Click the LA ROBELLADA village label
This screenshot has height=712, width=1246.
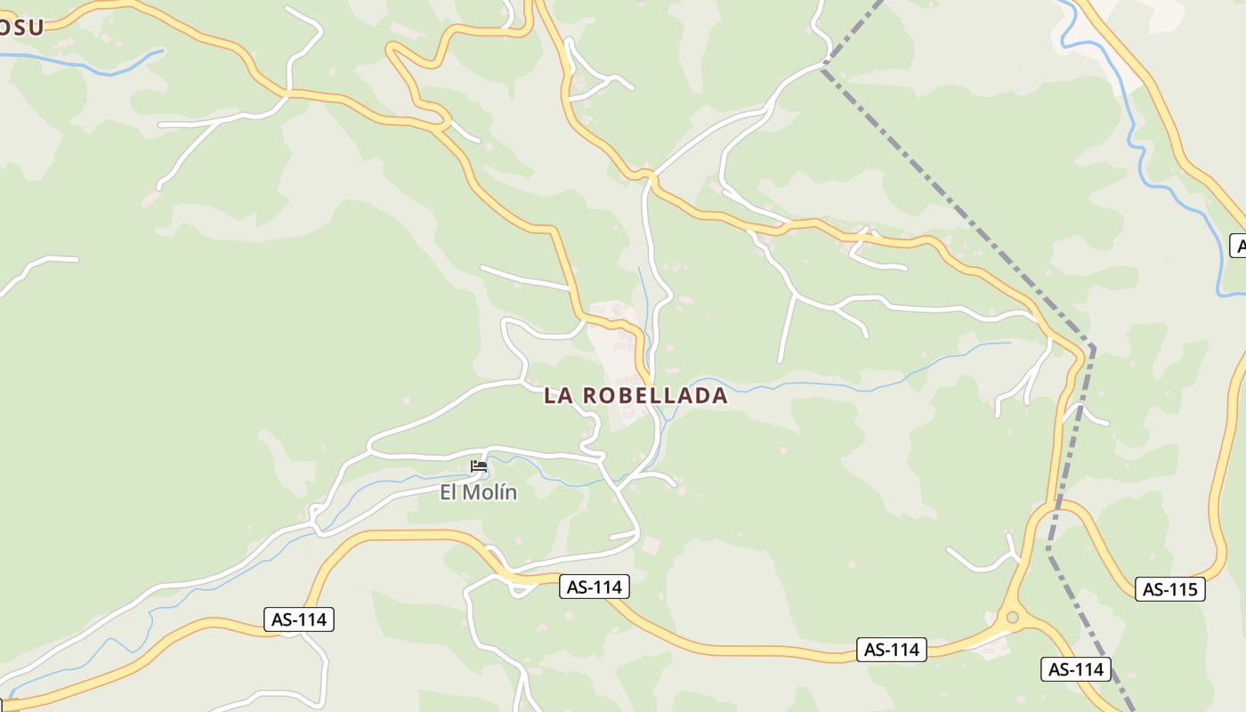click(x=635, y=396)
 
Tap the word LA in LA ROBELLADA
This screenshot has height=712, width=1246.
click(x=558, y=396)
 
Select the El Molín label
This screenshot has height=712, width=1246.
click(x=478, y=492)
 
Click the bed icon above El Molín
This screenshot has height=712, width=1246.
click(x=479, y=466)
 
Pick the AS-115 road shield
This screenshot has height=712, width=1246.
click(x=1169, y=589)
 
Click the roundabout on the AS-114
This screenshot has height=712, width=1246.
click(x=1011, y=617)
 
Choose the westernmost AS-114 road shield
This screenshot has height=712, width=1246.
click(x=299, y=619)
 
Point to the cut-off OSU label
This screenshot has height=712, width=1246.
click(x=21, y=27)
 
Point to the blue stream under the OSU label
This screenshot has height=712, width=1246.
click(x=89, y=65)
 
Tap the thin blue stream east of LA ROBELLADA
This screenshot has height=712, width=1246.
click(x=845, y=384)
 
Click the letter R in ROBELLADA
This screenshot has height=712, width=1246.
click(x=590, y=396)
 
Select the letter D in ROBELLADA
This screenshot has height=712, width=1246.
click(x=695, y=396)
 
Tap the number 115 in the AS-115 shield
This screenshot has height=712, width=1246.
click(x=1180, y=589)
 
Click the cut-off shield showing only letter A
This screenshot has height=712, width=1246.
click(x=1237, y=246)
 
